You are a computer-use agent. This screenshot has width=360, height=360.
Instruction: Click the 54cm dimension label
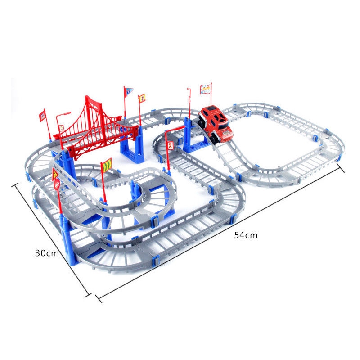pyautogui.click(x=246, y=235)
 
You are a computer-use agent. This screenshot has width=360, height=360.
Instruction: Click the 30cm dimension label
pyautogui.click(x=47, y=253)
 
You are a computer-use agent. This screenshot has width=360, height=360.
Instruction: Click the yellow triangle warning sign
pyautogui.click(x=55, y=175)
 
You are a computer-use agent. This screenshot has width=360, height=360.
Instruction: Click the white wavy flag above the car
pyautogui.click(x=206, y=89)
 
